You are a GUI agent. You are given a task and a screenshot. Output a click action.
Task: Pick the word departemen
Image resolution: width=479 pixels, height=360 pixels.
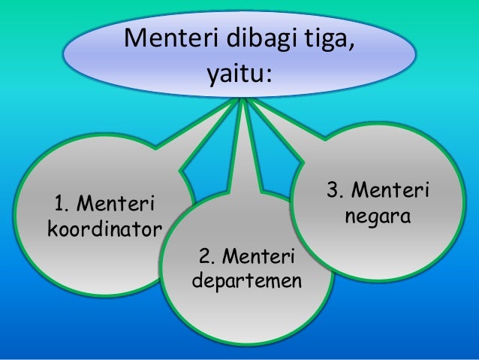[247, 283]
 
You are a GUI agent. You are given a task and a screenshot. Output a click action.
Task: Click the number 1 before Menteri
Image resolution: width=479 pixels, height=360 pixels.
[58, 204]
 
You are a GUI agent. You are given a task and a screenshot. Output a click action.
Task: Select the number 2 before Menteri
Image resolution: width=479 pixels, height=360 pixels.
[203, 259]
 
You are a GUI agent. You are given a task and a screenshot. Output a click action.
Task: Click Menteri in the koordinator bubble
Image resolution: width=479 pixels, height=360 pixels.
[116, 204]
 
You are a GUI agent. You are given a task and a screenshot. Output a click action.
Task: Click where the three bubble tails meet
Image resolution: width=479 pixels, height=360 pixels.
[242, 100]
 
